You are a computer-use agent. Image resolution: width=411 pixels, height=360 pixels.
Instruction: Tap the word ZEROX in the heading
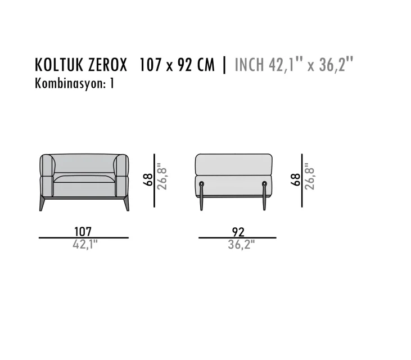(107, 65)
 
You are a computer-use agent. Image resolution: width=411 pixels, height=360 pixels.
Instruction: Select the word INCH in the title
(249, 65)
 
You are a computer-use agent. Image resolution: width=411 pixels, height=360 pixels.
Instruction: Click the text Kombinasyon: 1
(74, 84)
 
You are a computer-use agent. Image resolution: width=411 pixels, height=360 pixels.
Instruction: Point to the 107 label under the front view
(83, 232)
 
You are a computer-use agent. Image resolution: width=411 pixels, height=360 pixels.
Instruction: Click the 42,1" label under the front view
(85, 245)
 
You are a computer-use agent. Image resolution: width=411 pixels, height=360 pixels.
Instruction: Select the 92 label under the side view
(238, 232)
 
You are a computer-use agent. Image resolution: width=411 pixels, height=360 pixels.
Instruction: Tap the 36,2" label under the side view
(241, 245)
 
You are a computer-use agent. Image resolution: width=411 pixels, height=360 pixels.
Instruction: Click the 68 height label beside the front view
(148, 179)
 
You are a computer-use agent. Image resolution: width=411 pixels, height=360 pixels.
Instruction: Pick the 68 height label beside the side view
(296, 179)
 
